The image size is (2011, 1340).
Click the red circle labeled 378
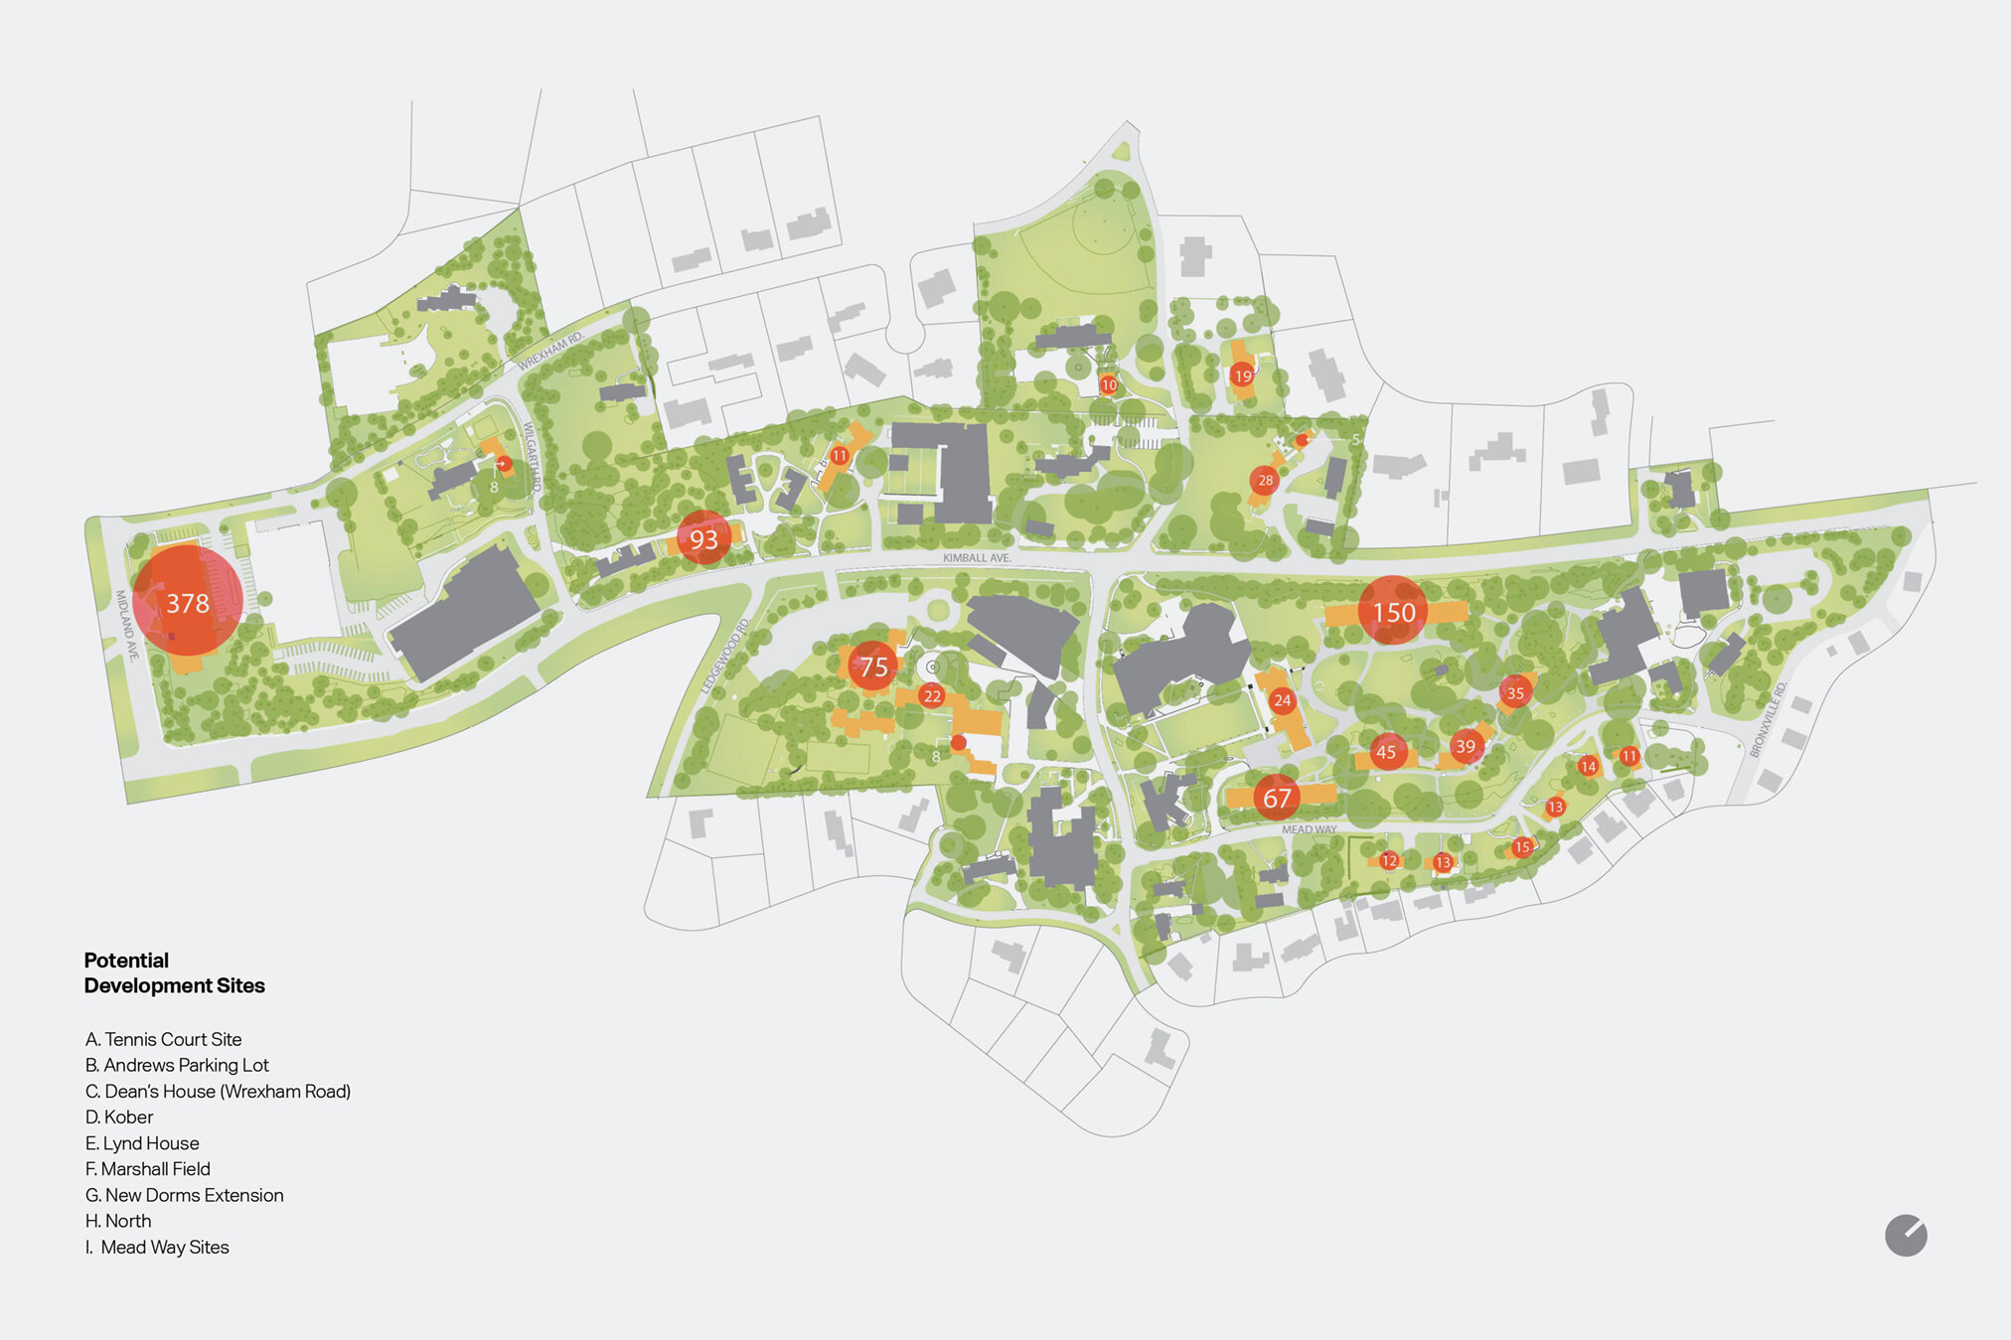[x=188, y=601]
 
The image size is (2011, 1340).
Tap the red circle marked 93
[x=703, y=538]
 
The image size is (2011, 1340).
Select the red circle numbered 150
[x=1393, y=611]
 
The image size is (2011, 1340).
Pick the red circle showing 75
[x=873, y=666]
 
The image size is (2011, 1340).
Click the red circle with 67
[x=1277, y=797]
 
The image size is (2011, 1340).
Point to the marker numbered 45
[x=1387, y=752]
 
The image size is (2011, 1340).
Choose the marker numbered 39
[x=1466, y=746]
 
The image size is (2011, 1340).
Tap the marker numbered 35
[x=1515, y=692]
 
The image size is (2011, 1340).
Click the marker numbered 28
[x=1265, y=480]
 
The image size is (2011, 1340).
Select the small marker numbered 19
[x=1242, y=375]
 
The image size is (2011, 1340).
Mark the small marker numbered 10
[x=1109, y=384]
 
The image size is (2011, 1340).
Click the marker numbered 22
[x=931, y=695]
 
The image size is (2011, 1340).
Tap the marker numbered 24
[x=1283, y=700]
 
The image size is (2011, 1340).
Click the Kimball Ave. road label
[x=977, y=558]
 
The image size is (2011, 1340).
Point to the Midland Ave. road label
[x=126, y=626]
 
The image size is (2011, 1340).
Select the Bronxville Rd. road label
[x=1769, y=719]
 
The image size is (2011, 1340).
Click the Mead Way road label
[x=1309, y=829]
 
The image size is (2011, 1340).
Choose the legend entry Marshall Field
[x=148, y=1169]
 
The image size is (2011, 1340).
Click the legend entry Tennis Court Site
[x=164, y=1039]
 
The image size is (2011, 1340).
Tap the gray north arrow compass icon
[x=1906, y=1236]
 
